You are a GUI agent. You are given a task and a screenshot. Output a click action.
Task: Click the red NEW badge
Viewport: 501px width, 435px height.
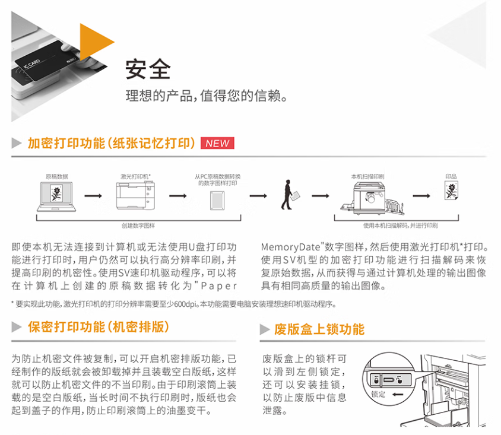click(217, 143)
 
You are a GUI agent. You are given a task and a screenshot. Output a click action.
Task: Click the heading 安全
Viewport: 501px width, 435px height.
click(148, 69)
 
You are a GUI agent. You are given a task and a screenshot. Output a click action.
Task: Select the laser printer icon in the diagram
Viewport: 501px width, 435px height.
click(136, 194)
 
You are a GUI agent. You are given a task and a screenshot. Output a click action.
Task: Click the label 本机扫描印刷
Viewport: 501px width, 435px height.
click(367, 176)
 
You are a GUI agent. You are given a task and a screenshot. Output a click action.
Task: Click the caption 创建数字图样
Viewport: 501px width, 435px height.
click(138, 226)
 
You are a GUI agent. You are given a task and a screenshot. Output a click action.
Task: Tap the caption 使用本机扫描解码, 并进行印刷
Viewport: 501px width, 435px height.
click(400, 226)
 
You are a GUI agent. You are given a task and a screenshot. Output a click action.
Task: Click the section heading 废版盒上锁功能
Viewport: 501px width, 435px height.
click(319, 329)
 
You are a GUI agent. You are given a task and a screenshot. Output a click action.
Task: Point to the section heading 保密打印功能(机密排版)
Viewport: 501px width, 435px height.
click(99, 327)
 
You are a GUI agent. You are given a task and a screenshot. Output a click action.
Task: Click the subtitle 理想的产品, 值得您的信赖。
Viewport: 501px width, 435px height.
click(207, 96)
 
